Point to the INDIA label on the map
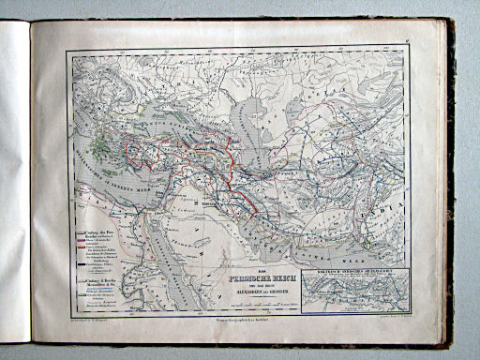(x=404, y=201)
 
